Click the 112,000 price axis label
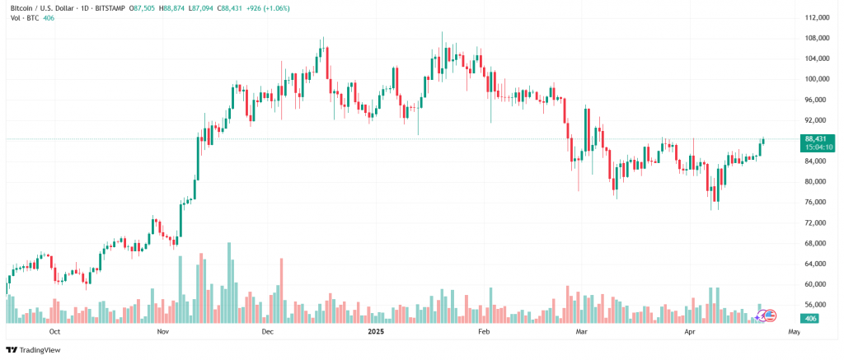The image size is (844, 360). click(x=817, y=17)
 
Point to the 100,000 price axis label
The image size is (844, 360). click(x=817, y=79)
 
